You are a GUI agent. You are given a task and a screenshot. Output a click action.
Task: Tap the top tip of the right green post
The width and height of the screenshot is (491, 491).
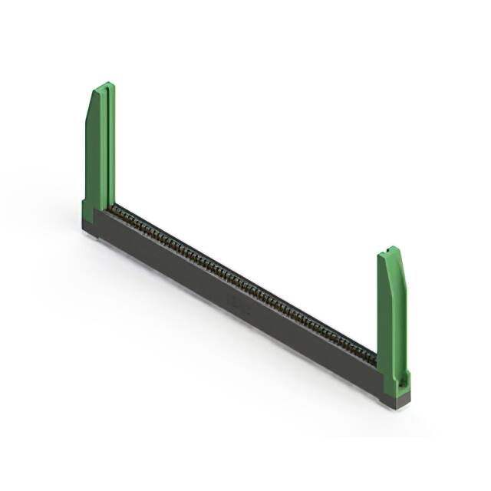click(x=391, y=249)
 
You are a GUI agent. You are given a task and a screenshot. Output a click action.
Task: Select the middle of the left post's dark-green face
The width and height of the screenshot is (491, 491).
click(x=91, y=153)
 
